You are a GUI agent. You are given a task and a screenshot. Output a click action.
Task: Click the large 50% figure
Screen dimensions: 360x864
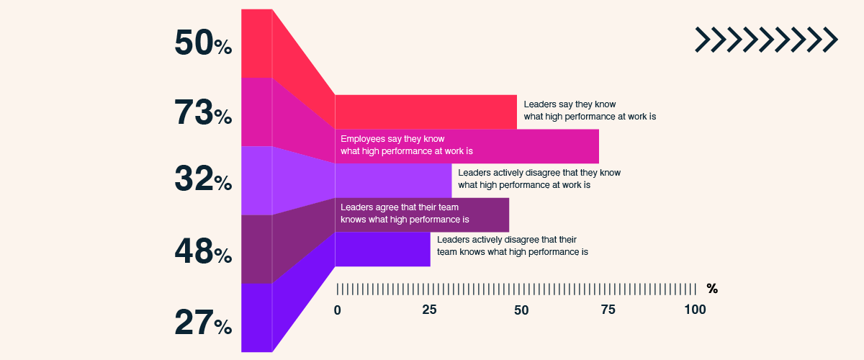202,43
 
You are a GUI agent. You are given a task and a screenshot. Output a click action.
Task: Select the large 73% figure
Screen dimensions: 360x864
202,112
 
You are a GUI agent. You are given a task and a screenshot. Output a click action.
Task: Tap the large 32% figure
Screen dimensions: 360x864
202,180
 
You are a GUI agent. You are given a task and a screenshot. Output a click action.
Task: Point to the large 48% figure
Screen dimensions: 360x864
202,252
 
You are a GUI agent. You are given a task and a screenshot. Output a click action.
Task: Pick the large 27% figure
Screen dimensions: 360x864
202,323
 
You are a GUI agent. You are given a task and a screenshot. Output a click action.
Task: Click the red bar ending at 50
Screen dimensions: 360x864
426,112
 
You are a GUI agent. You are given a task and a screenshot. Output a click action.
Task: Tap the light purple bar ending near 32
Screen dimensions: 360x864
393,181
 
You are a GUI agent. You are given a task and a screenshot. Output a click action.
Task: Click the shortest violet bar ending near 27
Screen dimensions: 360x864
382,249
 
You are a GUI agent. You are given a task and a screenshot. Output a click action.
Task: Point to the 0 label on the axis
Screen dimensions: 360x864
337,310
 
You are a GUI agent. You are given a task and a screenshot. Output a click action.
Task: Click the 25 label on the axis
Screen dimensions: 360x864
429,310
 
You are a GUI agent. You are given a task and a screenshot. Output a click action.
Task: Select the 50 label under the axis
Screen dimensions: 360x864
521,310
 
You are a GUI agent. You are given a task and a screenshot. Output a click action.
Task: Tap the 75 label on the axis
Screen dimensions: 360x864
608,310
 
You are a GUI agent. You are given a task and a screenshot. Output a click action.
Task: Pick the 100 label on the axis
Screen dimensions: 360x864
695,310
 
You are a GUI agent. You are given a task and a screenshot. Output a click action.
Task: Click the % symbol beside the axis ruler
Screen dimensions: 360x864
712,289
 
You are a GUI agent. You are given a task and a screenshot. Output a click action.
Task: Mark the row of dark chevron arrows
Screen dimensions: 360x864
766,40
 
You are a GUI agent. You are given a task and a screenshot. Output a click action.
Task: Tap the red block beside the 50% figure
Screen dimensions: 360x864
256,43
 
